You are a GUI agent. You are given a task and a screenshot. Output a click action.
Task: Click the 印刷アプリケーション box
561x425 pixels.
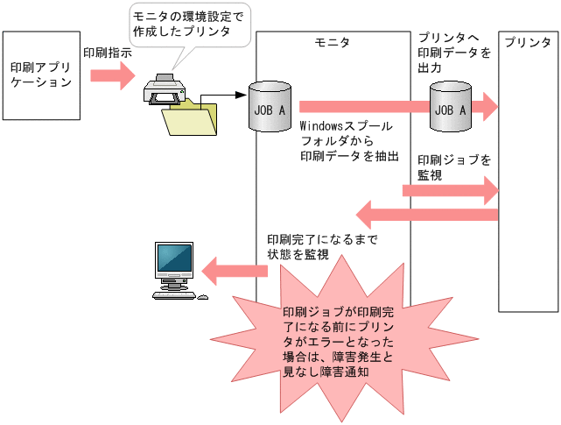tap(39, 75)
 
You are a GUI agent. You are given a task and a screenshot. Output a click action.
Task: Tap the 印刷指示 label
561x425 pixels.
tap(108, 53)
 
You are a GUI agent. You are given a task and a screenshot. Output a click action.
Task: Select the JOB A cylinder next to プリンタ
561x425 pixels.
tap(451, 106)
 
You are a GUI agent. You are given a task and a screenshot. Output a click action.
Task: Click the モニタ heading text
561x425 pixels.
tap(332, 43)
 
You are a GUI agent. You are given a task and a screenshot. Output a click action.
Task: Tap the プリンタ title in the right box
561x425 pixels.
tap(529, 43)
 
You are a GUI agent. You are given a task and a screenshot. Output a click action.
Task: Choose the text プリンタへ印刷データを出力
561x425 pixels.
tap(453, 53)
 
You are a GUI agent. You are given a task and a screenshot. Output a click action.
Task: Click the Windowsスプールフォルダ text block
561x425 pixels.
tap(349, 141)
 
